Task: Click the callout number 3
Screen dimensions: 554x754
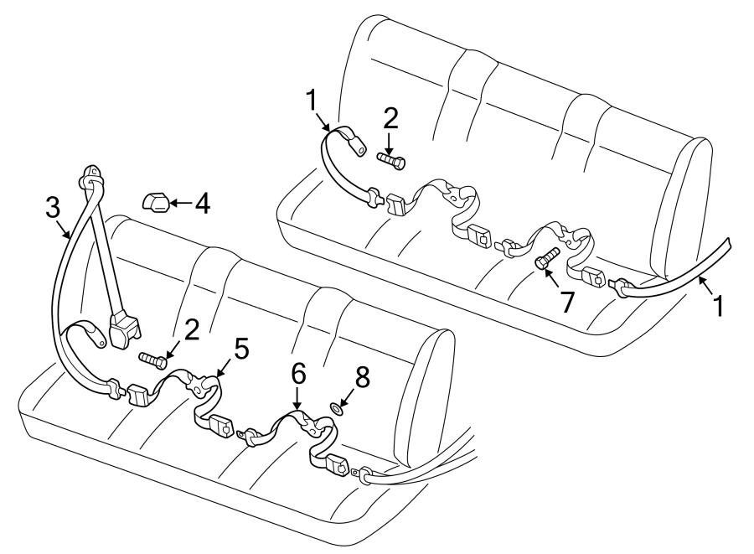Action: (x=52, y=207)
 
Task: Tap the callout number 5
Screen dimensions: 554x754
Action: (x=241, y=348)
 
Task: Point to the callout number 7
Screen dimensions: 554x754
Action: (x=567, y=301)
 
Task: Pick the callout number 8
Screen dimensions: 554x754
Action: (x=362, y=378)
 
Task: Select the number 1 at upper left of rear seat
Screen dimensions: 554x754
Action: (x=311, y=101)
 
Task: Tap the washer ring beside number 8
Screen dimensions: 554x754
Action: (x=336, y=408)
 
